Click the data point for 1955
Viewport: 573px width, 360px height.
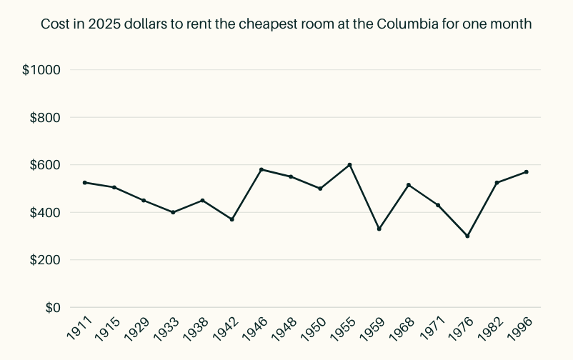click(349, 165)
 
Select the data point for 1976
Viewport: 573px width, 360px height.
click(467, 236)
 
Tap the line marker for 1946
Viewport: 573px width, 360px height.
click(261, 169)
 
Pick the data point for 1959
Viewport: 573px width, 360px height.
click(379, 229)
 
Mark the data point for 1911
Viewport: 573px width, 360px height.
click(85, 183)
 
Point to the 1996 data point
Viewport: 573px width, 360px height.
click(526, 172)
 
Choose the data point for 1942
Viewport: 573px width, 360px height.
click(232, 219)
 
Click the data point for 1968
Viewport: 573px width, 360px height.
click(409, 185)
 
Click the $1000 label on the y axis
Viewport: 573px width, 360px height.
click(41, 70)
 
